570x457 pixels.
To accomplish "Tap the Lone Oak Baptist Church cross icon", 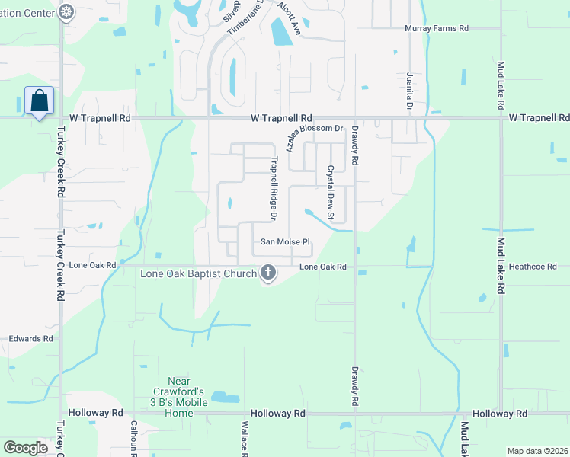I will [x=267, y=272].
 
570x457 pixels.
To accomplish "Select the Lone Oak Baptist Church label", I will [x=197, y=273].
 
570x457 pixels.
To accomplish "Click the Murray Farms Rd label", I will [x=436, y=28].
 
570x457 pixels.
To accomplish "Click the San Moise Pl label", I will [x=285, y=242].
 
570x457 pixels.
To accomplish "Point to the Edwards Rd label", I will [x=30, y=339].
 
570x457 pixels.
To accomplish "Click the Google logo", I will [x=26, y=448].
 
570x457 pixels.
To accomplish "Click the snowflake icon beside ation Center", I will [x=66, y=11].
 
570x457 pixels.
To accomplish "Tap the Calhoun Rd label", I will [x=133, y=438].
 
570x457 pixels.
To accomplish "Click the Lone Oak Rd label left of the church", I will [x=92, y=266].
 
